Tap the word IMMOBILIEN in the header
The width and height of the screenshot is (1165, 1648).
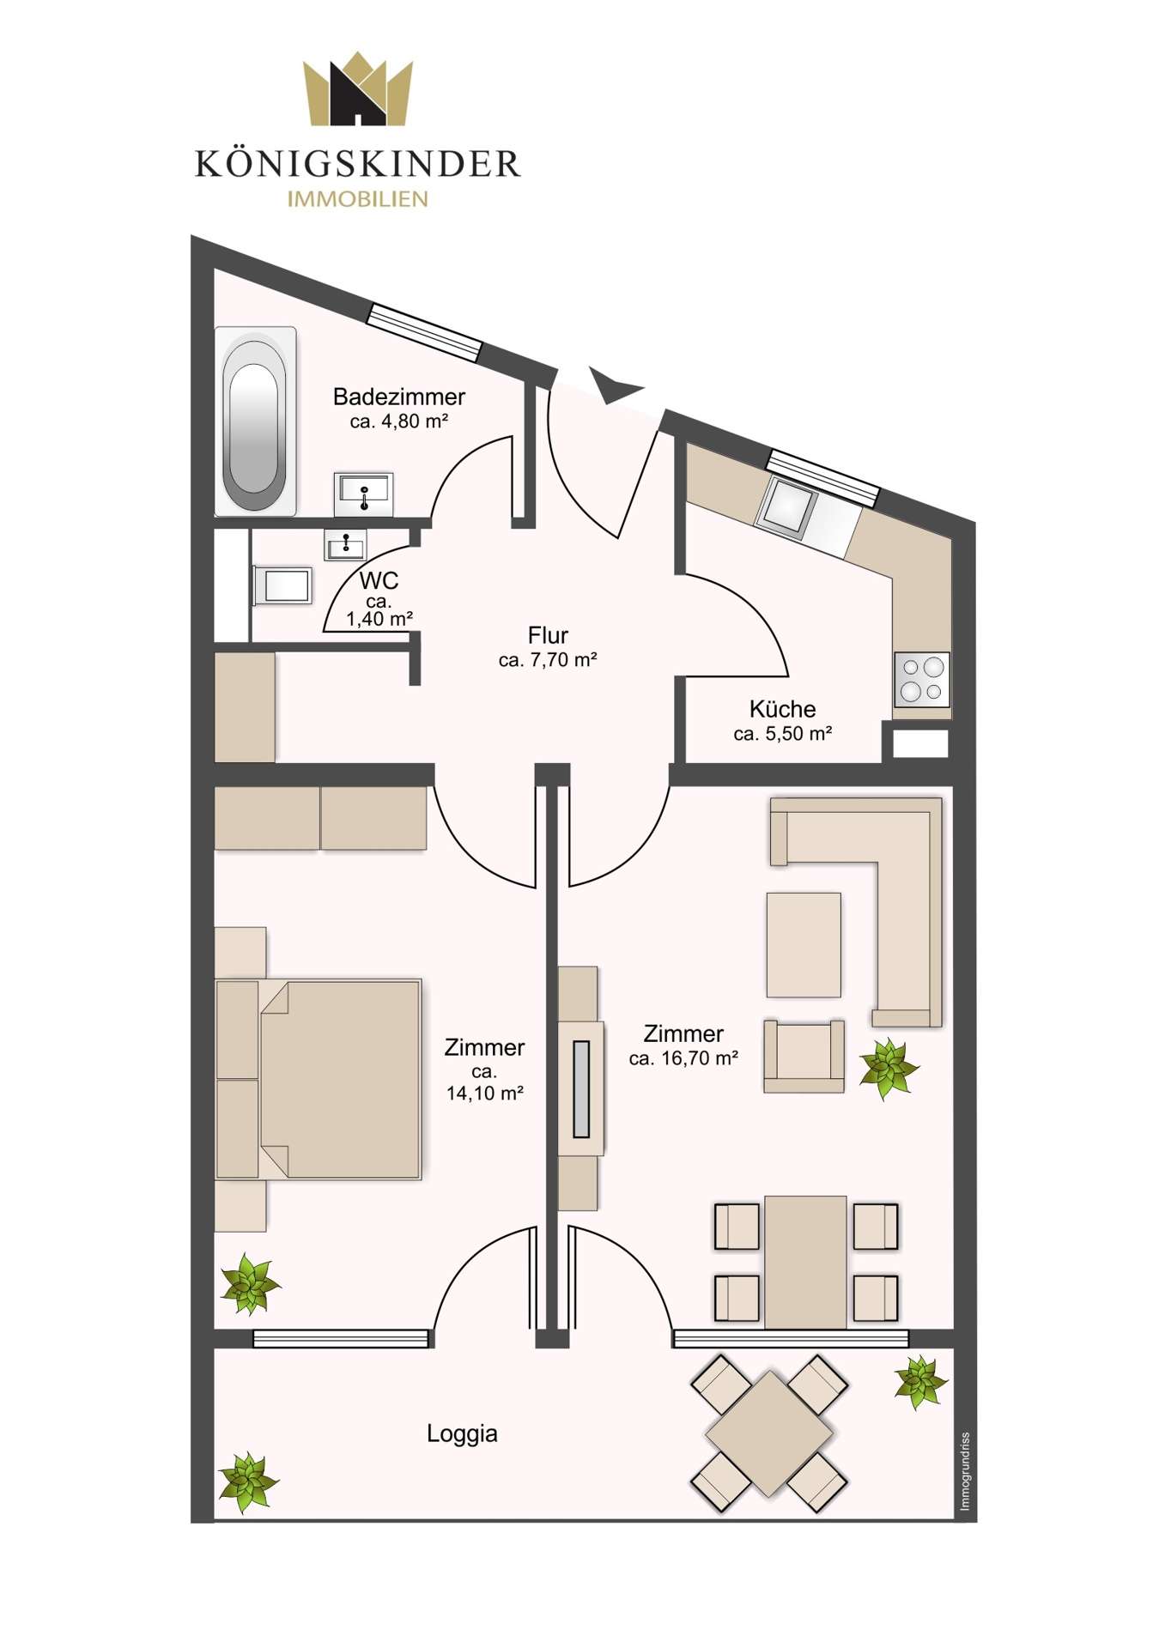[x=357, y=199]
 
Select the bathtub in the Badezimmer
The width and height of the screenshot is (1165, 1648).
[x=255, y=421]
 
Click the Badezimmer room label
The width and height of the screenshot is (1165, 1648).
[x=399, y=397]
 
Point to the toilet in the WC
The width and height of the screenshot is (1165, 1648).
[x=283, y=586]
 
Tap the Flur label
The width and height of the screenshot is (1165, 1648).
[x=548, y=636]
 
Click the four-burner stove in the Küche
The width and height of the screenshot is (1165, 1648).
[x=922, y=679]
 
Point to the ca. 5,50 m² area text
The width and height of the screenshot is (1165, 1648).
[x=783, y=734]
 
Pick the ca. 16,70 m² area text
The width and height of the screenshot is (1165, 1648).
[x=683, y=1058]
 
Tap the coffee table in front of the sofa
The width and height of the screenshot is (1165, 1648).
[x=804, y=944]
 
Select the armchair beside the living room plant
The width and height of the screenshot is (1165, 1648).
[x=804, y=1056]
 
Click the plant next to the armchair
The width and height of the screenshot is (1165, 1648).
[x=889, y=1067]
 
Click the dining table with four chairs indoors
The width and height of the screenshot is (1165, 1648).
[x=805, y=1262]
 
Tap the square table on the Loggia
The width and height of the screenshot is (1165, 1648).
[x=769, y=1433]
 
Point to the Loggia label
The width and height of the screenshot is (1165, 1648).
[x=462, y=1434]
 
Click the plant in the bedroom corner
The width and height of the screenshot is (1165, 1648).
[x=249, y=1284]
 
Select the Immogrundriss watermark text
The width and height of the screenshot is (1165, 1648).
[x=965, y=1471]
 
